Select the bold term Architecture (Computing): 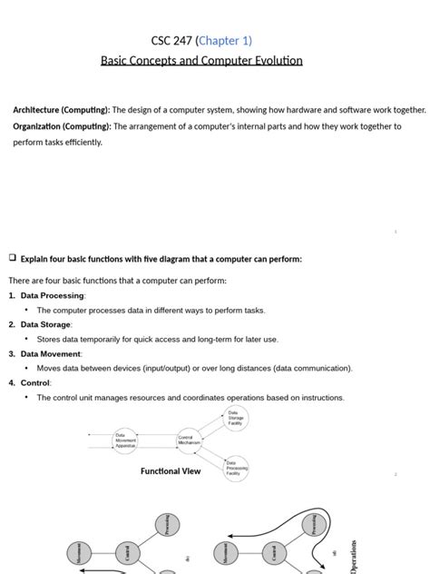(x=62, y=110)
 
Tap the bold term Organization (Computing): (x=62, y=126)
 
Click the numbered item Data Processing (x=53, y=295)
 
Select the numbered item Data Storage (x=45, y=324)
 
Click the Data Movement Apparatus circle (x=125, y=440)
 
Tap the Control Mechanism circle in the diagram (x=186, y=440)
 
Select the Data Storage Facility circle (x=236, y=419)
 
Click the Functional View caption (x=171, y=471)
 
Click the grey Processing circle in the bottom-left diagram (x=163, y=525)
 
